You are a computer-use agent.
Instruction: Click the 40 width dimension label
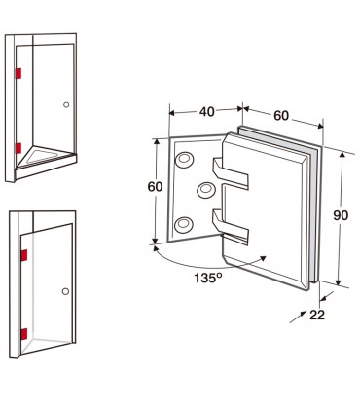pos(207,111)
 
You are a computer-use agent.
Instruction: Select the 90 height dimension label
pos(341,215)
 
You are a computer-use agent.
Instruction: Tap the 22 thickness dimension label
pos(317,315)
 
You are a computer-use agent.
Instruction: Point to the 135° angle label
pos(208,278)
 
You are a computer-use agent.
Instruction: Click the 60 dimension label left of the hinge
pos(155,187)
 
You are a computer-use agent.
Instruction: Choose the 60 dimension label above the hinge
pos(281,115)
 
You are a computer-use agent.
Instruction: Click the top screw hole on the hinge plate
pos(184,159)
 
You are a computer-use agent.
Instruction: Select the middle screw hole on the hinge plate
pos(206,189)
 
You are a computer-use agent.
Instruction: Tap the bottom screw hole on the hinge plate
pos(184,224)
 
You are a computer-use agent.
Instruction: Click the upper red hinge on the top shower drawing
pos(18,73)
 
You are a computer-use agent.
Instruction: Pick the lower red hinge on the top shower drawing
pos(18,148)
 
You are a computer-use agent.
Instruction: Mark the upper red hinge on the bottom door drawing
pos(24,255)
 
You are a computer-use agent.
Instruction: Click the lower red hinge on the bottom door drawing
pos(23,334)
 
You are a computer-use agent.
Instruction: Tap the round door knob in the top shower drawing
pos(66,104)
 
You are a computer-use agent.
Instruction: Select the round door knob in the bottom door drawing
pos(65,291)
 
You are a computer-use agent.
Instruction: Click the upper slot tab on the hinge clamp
pos(231,172)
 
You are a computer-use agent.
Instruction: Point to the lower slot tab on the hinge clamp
pos(231,226)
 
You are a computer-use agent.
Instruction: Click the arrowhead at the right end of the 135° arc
pos(263,258)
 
